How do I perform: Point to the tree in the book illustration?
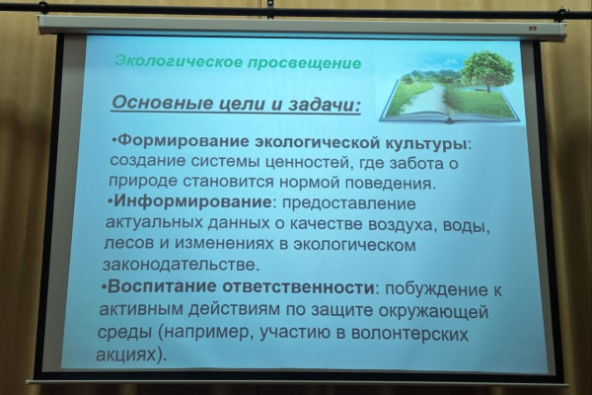tap(487, 71)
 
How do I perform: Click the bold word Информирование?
tap(192, 201)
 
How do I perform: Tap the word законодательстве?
tap(182, 265)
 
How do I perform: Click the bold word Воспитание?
tap(163, 286)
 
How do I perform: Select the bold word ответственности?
tap(298, 287)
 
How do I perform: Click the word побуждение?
tap(435, 290)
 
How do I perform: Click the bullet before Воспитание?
tap(105, 288)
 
